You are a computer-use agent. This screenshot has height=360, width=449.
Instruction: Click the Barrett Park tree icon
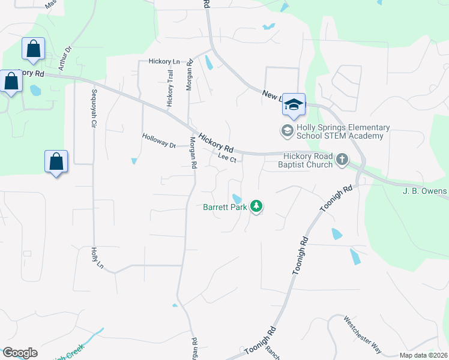coord(257,207)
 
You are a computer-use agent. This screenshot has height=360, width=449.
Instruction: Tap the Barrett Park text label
coord(225,207)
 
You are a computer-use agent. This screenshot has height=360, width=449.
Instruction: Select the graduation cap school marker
coord(294,104)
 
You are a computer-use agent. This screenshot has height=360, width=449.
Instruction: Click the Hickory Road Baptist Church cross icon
coord(342,160)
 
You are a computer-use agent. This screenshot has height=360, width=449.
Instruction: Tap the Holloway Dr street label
coord(159,141)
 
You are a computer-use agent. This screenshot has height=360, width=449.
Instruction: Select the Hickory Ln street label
coord(164,62)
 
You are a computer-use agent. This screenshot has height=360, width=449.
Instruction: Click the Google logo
coord(20,353)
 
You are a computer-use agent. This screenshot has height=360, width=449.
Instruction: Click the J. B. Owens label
coord(425,191)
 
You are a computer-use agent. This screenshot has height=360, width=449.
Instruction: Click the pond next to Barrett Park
coord(237,199)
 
